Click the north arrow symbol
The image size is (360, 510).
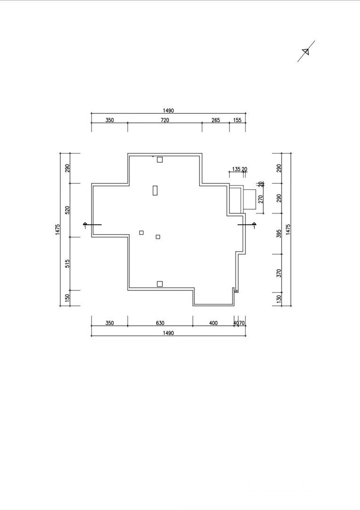306,51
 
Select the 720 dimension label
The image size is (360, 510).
165,120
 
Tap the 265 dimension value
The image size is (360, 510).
216,120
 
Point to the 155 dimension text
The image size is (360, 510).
237,120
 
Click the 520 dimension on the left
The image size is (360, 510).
67,210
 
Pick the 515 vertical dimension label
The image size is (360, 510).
67,263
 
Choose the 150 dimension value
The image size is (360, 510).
67,297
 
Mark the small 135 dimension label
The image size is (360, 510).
236,169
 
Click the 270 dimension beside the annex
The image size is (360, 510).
260,199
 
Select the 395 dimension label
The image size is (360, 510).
279,233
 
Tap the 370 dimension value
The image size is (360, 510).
279,273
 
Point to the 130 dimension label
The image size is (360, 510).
279,298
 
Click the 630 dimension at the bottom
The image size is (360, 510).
160,323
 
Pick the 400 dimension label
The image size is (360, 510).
213,323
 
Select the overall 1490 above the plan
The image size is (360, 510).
168,111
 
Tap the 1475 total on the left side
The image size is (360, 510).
58,229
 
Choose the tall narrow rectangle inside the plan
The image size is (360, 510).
155,190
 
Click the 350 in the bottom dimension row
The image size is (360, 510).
109,323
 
